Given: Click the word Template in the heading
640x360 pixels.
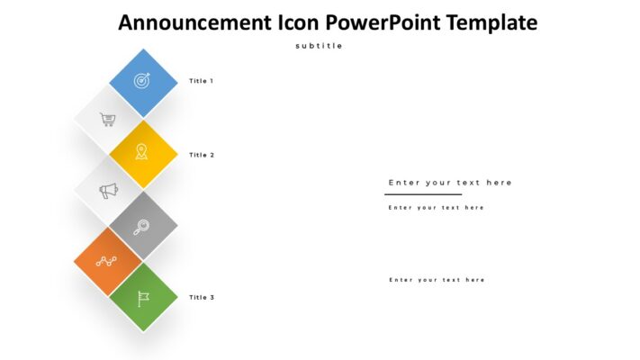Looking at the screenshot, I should [x=487, y=22].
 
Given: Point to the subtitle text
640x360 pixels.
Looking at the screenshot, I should [x=319, y=46].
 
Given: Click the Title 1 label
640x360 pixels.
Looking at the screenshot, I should [x=201, y=81].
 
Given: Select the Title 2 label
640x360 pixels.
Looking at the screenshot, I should [x=202, y=155].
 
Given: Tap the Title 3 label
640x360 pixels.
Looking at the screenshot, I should [x=202, y=297].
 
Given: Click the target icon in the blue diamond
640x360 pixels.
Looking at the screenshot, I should [x=142, y=81].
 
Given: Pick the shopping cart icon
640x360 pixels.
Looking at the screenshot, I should [x=107, y=119].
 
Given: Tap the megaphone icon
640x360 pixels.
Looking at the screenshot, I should [x=108, y=191].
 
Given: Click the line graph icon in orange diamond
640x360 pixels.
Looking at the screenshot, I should [x=107, y=262].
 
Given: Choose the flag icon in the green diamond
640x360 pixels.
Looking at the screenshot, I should [x=142, y=298].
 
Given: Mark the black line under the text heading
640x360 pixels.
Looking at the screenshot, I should [x=422, y=194].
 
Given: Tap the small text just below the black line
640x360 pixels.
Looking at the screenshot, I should [x=436, y=208].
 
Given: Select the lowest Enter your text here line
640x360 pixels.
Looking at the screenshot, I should [x=437, y=280].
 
